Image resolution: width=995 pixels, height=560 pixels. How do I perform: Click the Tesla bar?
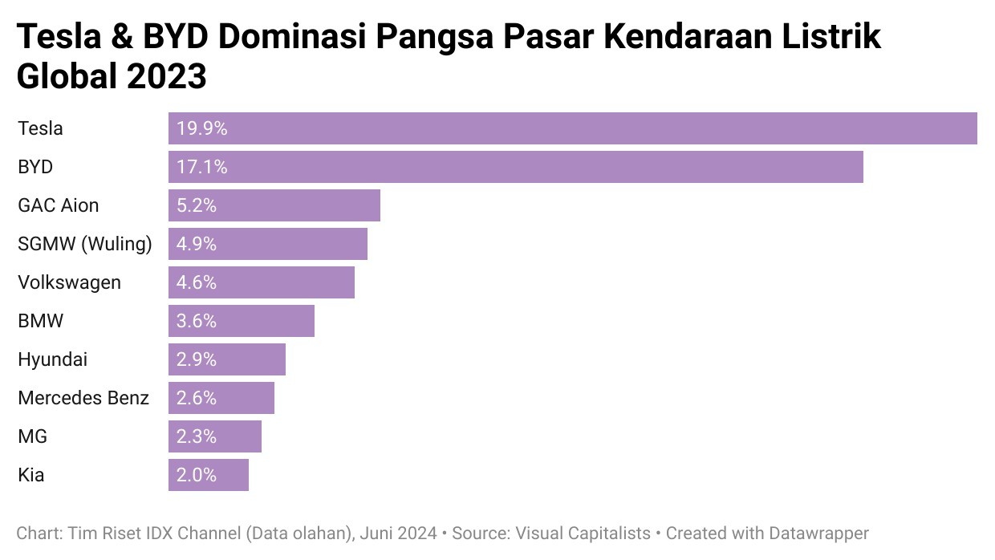point(572,128)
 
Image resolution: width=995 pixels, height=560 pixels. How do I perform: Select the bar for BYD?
point(515,167)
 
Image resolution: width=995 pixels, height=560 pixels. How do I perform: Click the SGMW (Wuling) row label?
point(85,244)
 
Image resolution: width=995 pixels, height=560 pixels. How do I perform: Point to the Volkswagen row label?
point(70,282)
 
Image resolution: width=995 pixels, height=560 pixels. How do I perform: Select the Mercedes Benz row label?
point(83,398)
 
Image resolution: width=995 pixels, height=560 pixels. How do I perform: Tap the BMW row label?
point(41,321)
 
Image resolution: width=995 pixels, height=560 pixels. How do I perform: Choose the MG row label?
point(33,436)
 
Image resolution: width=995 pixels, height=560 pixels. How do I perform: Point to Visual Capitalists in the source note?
point(583,533)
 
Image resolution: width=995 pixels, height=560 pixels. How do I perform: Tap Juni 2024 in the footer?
point(399,533)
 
